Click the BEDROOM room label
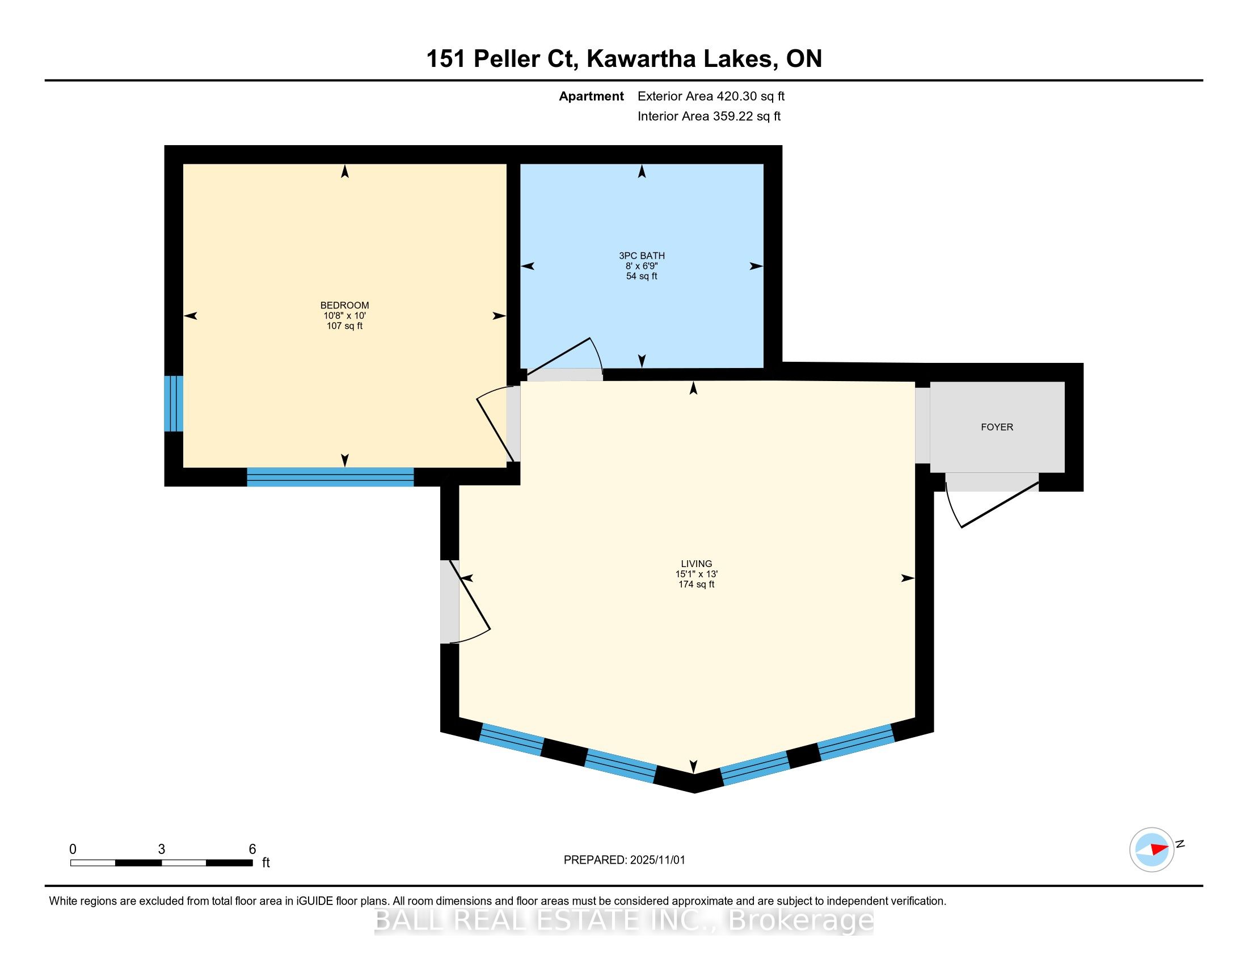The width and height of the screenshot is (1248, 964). [344, 306]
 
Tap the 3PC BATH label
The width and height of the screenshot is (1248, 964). [642, 256]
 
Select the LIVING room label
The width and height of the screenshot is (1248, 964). [697, 564]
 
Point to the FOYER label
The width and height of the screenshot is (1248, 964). [997, 427]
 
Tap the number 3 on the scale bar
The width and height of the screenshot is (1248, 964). [162, 849]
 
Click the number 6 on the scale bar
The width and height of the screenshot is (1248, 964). [252, 849]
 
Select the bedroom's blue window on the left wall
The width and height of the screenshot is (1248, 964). [174, 403]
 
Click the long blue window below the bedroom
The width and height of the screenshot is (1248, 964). [330, 477]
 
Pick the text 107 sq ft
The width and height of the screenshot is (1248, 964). [344, 326]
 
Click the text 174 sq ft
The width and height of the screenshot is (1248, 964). [697, 584]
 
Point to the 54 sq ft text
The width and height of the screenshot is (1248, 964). [642, 276]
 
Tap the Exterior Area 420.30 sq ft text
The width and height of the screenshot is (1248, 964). [711, 96]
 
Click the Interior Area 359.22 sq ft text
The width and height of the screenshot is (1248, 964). [709, 116]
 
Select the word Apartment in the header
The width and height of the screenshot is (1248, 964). [591, 96]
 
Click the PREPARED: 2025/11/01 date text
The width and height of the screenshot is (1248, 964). [624, 860]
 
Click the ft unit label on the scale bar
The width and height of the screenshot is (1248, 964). [265, 862]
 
